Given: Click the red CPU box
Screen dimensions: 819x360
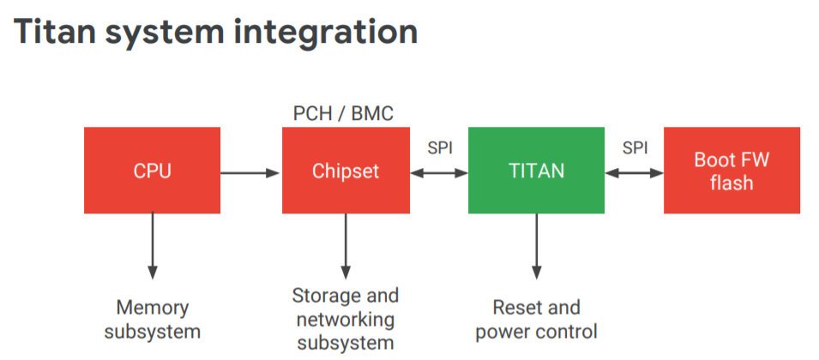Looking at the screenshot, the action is click(x=152, y=170).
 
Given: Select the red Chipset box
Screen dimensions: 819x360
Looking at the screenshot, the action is click(x=346, y=170).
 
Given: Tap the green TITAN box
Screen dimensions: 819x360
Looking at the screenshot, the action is click(x=537, y=170).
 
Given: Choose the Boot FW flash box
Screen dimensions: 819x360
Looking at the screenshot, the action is click(x=732, y=170).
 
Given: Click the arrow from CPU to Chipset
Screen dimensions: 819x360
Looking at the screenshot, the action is click(x=251, y=172).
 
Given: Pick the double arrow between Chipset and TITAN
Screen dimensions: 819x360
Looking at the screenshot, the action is click(x=439, y=172).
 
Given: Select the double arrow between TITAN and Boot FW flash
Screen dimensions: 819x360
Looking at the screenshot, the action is click(x=634, y=172).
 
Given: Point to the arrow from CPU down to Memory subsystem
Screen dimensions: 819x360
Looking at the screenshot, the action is click(x=152, y=246).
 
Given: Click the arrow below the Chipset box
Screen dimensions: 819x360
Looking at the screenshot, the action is click(x=346, y=246).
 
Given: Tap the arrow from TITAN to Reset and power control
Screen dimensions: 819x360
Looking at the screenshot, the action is click(x=537, y=246).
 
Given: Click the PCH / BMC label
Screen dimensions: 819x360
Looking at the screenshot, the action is click(x=343, y=114).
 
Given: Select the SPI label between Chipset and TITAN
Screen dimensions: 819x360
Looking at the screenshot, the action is click(x=440, y=148).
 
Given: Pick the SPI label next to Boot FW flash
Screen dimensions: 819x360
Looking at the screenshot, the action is click(x=635, y=148).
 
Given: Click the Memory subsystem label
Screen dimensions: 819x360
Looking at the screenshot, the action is click(x=152, y=320).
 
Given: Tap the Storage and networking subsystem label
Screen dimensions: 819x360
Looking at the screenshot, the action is click(x=346, y=319).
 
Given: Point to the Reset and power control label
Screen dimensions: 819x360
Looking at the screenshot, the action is click(x=537, y=320).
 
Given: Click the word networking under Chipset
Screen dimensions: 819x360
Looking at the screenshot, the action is click(x=346, y=320).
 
